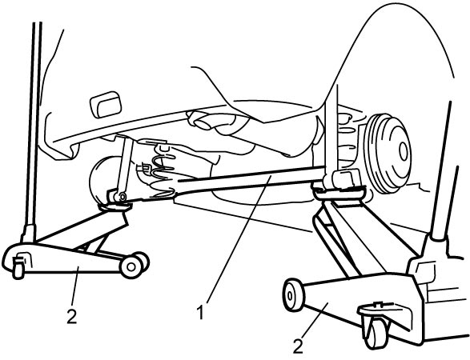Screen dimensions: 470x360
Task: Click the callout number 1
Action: tap(200, 312)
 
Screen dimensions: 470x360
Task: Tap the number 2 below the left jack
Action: tap(72, 316)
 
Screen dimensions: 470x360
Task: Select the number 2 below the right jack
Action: tap(298, 346)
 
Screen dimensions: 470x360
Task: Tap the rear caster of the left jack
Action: tap(18, 265)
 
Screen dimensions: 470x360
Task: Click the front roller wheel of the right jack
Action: tap(294, 294)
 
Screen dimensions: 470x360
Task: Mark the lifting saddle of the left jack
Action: tap(115, 207)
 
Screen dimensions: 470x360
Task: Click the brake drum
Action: tap(390, 154)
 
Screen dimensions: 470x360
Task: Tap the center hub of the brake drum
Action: tap(404, 150)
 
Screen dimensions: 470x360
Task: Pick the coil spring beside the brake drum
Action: tap(349, 138)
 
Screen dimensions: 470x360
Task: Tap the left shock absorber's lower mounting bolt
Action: tap(122, 197)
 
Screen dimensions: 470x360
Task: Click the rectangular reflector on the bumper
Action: tap(106, 104)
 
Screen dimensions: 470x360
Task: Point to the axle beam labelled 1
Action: tap(251, 180)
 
